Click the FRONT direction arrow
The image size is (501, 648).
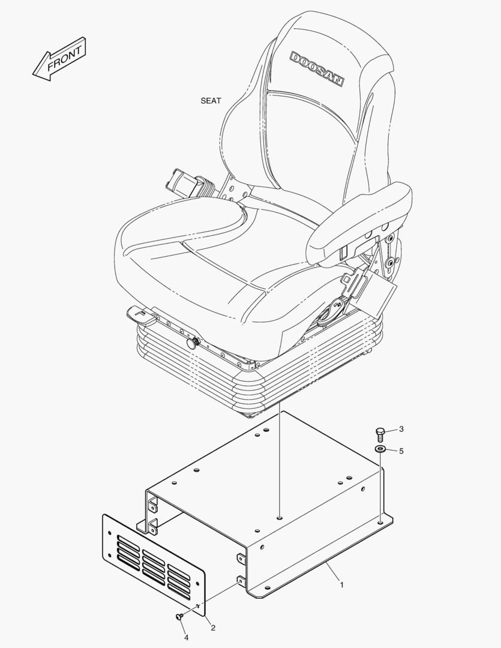click(59, 59)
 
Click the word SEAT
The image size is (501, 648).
click(211, 100)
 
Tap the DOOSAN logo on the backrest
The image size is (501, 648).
click(317, 69)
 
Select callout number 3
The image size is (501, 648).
click(401, 429)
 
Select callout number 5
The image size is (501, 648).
click(401, 451)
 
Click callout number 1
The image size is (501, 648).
click(341, 585)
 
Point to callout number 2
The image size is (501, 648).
click(213, 628)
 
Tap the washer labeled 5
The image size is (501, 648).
click(380, 449)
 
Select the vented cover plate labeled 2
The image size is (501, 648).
click(154, 565)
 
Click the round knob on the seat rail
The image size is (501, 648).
click(193, 343)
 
